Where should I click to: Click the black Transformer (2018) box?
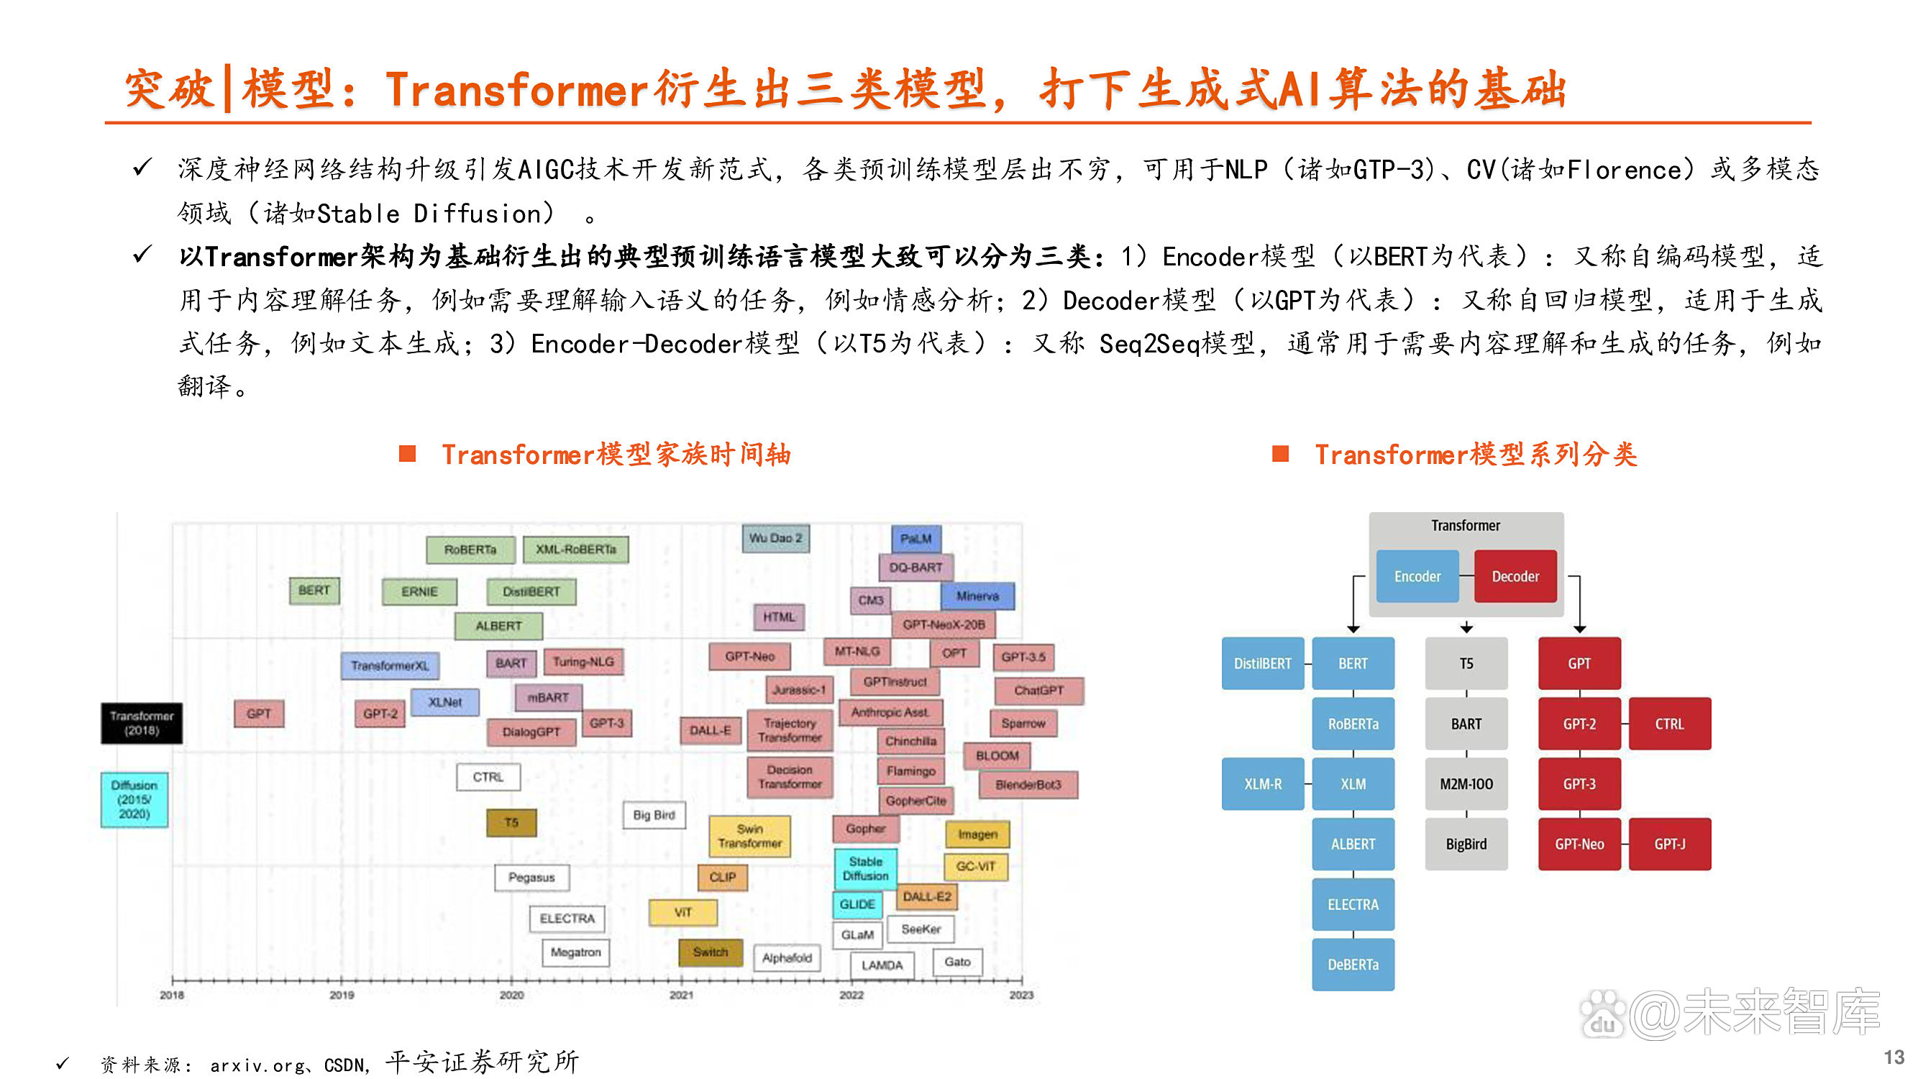142,723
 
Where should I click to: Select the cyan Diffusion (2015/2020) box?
134,800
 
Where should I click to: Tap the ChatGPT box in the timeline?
1038,691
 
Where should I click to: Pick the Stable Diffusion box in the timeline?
865,869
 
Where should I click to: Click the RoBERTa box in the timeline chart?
470,550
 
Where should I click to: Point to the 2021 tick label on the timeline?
681,995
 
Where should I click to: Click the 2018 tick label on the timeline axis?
172,995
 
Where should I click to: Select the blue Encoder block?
1417,576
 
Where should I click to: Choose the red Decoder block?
1515,576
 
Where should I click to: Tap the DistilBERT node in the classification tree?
1262,663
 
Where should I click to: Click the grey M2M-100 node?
1466,784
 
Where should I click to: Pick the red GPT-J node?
1669,844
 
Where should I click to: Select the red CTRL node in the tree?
1669,724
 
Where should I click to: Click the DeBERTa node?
1353,965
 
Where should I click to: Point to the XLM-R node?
1262,784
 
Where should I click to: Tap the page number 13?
1894,1057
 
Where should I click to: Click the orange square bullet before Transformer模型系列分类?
1280,453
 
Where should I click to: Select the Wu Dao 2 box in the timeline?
775,537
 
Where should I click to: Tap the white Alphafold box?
786,958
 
